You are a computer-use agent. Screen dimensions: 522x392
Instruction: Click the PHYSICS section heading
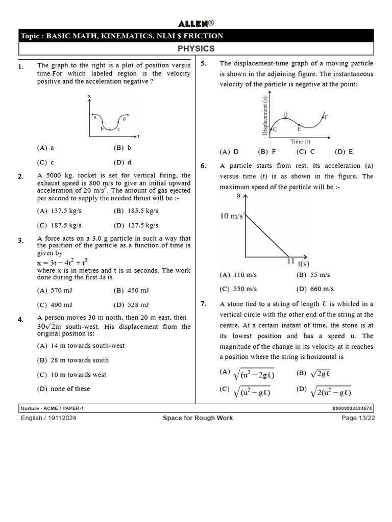click(x=196, y=49)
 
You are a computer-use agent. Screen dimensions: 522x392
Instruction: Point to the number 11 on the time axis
click(x=291, y=261)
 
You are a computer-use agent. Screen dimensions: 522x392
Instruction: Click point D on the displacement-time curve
click(x=285, y=115)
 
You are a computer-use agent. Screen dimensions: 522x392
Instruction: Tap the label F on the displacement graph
click(x=326, y=117)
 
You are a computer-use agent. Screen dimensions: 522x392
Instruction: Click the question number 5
click(x=203, y=64)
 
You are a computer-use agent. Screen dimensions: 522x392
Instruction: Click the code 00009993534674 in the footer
click(x=352, y=408)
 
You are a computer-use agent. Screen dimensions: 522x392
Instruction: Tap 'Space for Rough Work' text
click(x=198, y=418)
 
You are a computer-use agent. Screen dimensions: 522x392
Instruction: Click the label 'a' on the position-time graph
click(x=95, y=117)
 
